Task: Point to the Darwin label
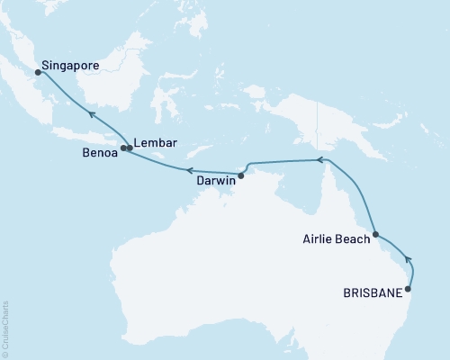[216, 180]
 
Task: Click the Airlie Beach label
[332, 241]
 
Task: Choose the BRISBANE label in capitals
[373, 292]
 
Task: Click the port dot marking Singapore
[38, 73]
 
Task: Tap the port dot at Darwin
[241, 175]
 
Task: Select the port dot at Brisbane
[409, 289]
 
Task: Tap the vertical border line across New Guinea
[317, 117]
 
